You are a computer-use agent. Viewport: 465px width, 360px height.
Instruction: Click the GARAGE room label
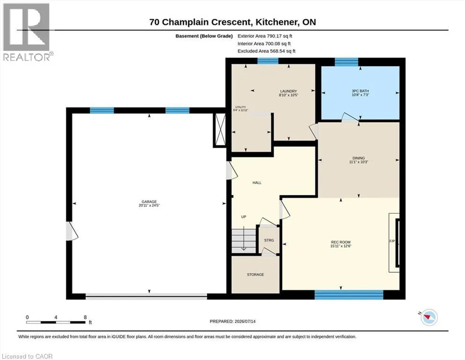point(149,202)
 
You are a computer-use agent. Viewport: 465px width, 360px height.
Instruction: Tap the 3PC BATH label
point(360,91)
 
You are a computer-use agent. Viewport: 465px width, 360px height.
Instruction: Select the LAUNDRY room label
point(288,91)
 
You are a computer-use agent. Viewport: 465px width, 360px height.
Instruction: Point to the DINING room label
point(359,158)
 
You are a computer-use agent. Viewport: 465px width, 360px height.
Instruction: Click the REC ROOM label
point(341,242)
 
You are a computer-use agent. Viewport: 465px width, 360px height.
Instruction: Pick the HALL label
point(257,183)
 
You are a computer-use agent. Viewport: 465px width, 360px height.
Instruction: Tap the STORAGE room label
point(255,275)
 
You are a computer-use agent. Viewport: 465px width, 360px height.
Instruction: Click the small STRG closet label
point(269,240)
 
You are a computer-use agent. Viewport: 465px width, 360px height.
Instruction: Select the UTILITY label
point(241,107)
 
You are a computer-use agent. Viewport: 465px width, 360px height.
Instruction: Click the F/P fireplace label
point(392,241)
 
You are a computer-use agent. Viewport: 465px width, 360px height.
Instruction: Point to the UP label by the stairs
point(244,217)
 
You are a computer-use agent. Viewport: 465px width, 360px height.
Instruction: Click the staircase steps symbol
point(244,240)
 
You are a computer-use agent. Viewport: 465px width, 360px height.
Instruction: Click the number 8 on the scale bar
point(85,317)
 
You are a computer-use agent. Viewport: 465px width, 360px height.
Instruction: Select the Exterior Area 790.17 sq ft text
point(265,36)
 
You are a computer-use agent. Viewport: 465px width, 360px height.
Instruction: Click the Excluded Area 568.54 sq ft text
point(266,51)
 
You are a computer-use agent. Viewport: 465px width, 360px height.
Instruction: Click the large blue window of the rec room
point(349,295)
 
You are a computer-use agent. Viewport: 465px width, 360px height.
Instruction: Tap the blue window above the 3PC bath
point(347,62)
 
